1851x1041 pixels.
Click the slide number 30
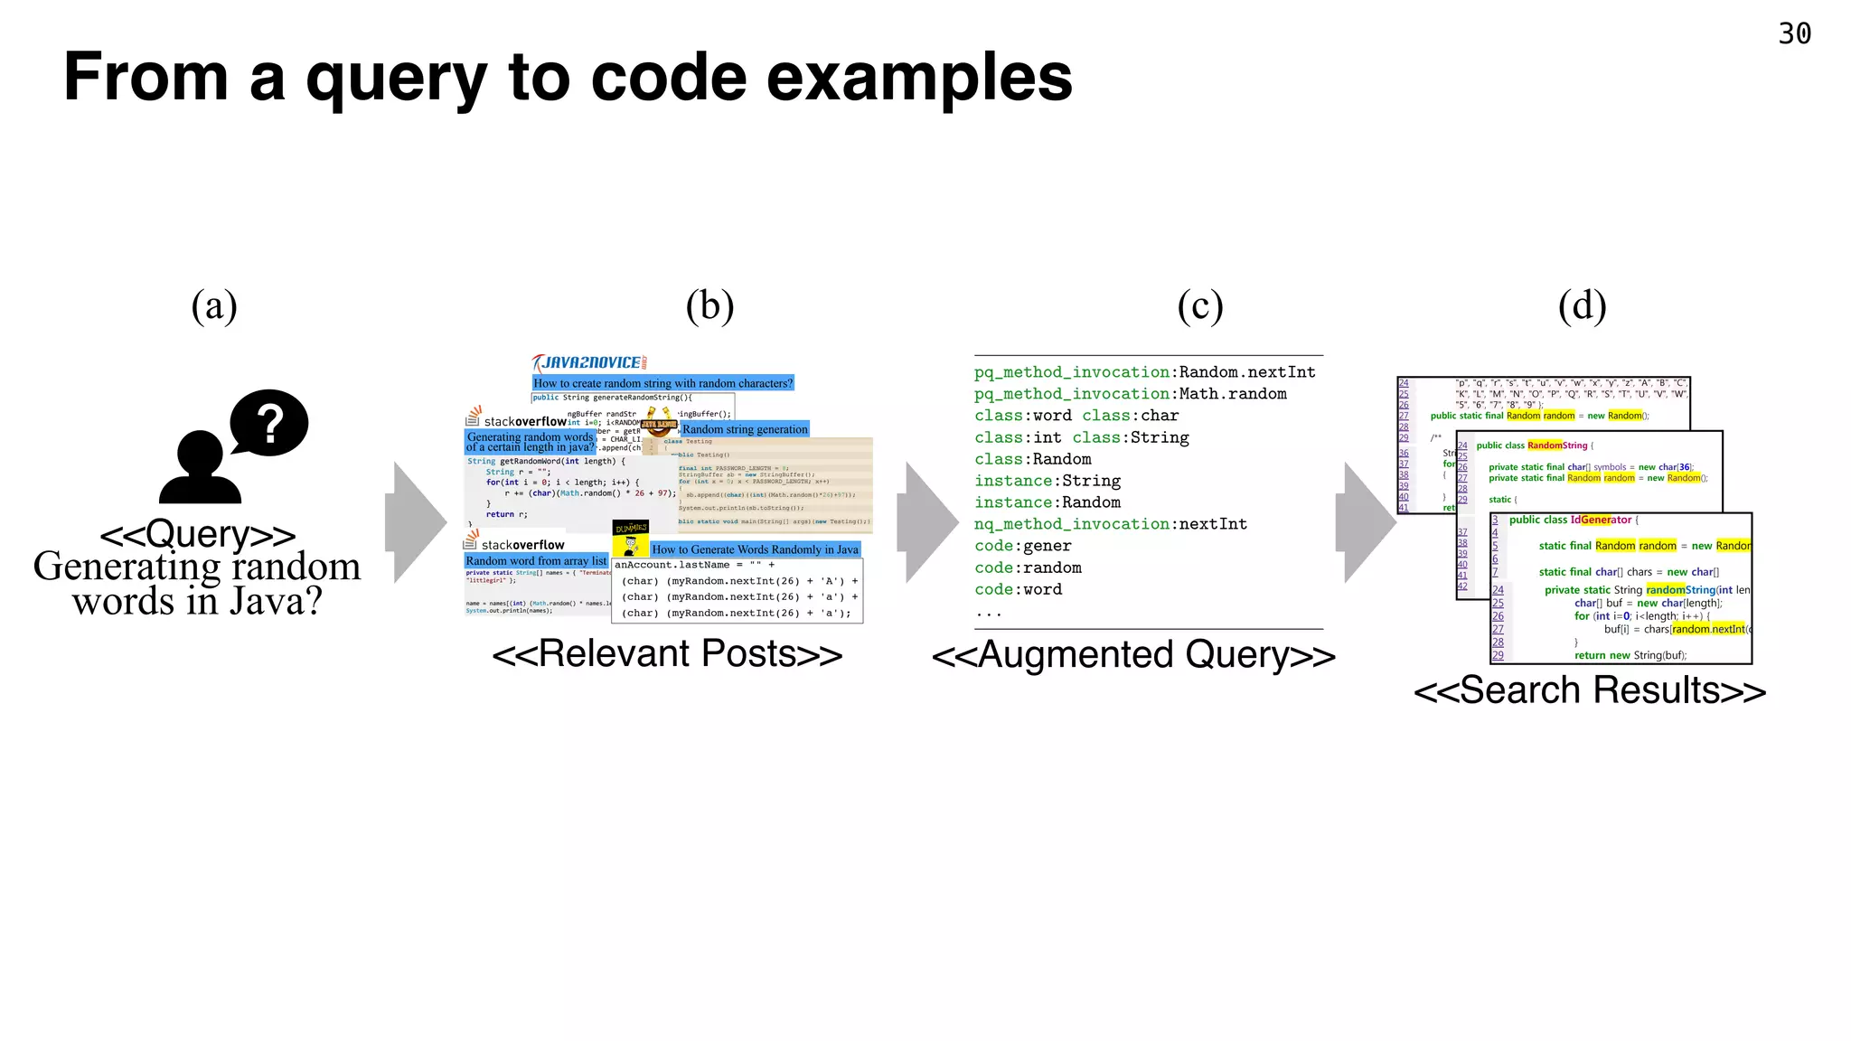[1794, 34]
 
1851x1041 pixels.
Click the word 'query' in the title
[396, 80]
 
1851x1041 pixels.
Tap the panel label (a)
[214, 306]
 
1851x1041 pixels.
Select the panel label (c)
[1199, 306]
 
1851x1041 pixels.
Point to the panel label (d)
[1582, 306]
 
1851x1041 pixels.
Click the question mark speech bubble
[269, 422]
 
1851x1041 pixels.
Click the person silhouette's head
[199, 452]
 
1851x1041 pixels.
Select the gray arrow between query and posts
[416, 521]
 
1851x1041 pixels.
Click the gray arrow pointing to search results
[1366, 521]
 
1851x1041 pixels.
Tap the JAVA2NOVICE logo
[589, 362]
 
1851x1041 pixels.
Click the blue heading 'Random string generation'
[745, 429]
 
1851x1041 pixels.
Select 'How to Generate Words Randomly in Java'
[755, 549]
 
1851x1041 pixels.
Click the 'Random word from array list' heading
[536, 561]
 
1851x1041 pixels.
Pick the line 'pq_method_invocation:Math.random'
[1130, 394]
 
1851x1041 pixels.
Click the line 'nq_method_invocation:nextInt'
[1110, 524]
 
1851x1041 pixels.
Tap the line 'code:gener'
[1022, 546]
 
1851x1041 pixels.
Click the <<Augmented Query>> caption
[1133, 655]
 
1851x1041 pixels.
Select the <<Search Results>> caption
[1589, 691]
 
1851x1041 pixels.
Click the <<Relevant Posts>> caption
[667, 654]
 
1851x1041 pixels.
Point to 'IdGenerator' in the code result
[1601, 520]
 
